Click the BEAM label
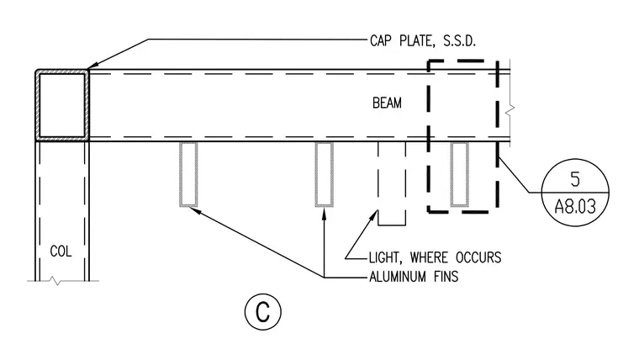pyautogui.click(x=387, y=103)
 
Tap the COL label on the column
pyautogui.click(x=61, y=251)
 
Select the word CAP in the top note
pyautogui.click(x=381, y=40)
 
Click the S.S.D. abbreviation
pyautogui.click(x=459, y=40)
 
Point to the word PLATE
pyautogui.click(x=416, y=41)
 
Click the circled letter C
pyautogui.click(x=263, y=312)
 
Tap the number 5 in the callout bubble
pyautogui.click(x=575, y=179)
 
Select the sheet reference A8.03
pyautogui.click(x=575, y=207)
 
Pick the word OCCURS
pyautogui.click(x=478, y=257)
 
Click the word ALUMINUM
pyautogui.click(x=398, y=277)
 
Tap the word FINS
pyautogui.click(x=446, y=277)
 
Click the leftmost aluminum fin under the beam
pyautogui.click(x=188, y=174)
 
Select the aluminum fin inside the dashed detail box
pyautogui.click(x=459, y=174)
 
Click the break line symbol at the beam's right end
pyautogui.click(x=509, y=109)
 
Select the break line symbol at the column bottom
pyautogui.click(x=56, y=281)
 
